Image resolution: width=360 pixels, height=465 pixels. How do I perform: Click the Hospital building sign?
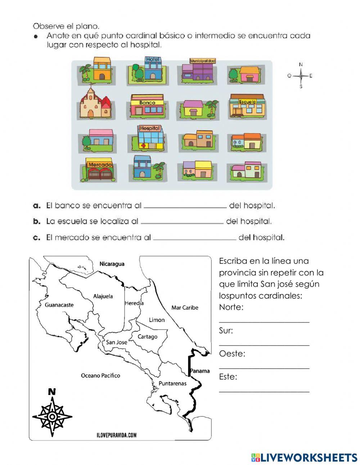(149, 128)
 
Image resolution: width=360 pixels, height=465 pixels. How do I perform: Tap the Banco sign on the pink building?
(147, 103)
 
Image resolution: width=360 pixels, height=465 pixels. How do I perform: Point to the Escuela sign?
(247, 102)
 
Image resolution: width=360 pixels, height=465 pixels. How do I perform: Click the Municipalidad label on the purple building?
(202, 61)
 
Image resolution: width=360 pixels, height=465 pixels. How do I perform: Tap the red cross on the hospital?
(144, 146)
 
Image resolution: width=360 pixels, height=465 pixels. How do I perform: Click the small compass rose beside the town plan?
(300, 76)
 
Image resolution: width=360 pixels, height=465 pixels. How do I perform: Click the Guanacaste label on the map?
(59, 305)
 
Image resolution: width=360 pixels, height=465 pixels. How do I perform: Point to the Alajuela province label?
(103, 296)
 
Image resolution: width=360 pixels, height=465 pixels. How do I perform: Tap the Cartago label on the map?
(148, 336)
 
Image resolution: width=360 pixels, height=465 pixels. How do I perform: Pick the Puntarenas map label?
(172, 383)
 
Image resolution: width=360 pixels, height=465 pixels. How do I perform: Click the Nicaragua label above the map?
(112, 264)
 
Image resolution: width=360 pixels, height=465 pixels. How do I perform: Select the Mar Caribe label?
(185, 307)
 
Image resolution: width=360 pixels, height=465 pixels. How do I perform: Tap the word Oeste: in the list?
(232, 354)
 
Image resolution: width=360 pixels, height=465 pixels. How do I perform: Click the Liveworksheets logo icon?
(256, 457)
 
